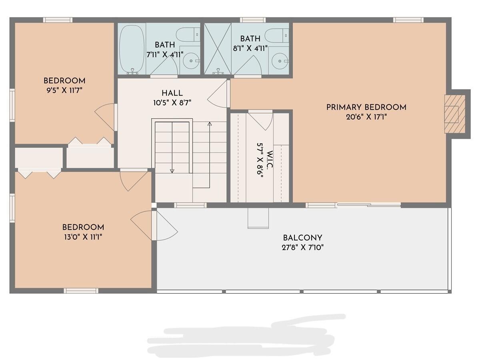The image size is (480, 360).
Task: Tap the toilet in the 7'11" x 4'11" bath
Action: click(x=188, y=34)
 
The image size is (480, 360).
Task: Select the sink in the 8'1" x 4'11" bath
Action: click(x=279, y=61)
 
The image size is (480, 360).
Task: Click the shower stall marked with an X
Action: click(x=218, y=48)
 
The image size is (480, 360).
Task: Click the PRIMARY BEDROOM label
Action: click(x=366, y=107)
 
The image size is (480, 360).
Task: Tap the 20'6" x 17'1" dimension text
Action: click(x=366, y=117)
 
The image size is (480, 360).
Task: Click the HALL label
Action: click(x=172, y=93)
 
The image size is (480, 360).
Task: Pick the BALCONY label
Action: click(x=302, y=238)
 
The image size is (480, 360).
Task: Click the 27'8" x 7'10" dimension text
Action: click(x=302, y=247)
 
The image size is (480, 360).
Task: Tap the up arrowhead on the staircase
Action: click(x=209, y=124)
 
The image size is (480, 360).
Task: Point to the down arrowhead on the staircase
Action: click(x=172, y=171)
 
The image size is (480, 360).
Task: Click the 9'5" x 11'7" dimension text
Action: click(x=64, y=90)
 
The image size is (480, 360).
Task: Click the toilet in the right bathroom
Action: click(x=277, y=35)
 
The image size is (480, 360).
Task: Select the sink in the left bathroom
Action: click(x=191, y=61)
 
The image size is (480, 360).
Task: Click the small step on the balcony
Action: click(x=258, y=218)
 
